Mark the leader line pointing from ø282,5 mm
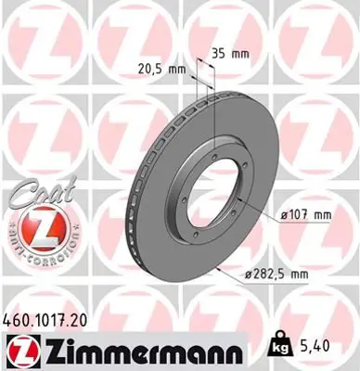[x=227, y=272]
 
